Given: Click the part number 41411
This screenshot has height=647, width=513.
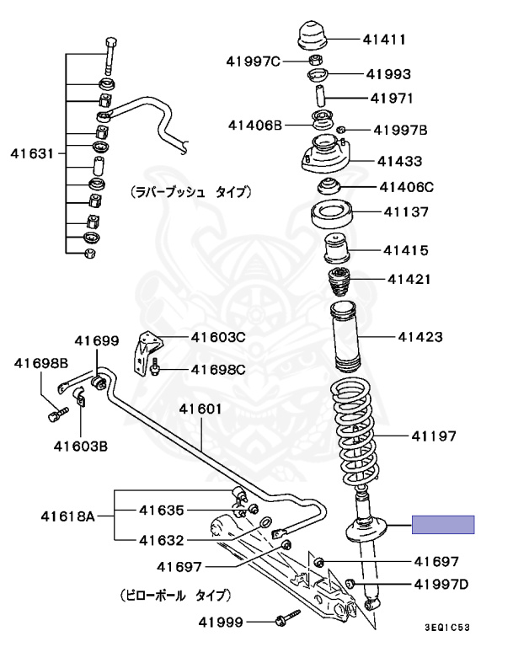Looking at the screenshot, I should coord(386,39).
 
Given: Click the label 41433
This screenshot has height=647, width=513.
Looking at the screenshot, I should coord(400,160).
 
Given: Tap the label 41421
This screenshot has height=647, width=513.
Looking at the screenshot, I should coord(409,277).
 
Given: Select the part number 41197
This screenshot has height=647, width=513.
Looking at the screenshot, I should coord(434,436).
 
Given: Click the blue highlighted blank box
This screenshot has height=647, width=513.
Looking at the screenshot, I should coord(443,525).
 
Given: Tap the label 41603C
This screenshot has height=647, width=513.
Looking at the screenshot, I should coord(217,338).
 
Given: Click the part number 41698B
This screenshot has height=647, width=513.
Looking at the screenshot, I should coord(40,364).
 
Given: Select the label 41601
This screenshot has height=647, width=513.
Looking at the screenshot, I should coord(200,409).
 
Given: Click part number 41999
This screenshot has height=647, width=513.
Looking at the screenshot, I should coord(221,623).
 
